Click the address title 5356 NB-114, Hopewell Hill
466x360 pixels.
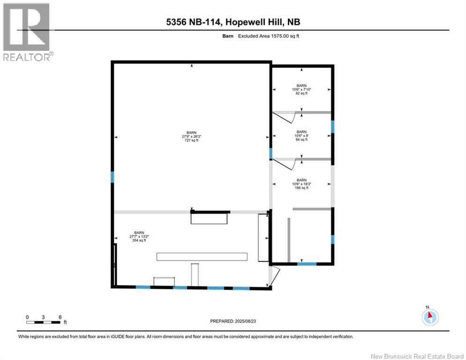click(232, 22)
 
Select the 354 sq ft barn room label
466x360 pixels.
click(140, 236)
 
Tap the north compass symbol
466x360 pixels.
click(429, 317)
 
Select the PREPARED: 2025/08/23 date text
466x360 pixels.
click(234, 321)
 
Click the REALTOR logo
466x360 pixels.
click(26, 32)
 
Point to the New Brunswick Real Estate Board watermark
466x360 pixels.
click(417, 356)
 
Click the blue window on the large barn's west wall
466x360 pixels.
click(112, 177)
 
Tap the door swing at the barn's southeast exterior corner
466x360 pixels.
click(274, 276)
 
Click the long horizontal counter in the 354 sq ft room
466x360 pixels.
click(201, 256)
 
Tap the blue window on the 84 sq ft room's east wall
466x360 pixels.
click(333, 127)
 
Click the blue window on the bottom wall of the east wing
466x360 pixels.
click(307, 264)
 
